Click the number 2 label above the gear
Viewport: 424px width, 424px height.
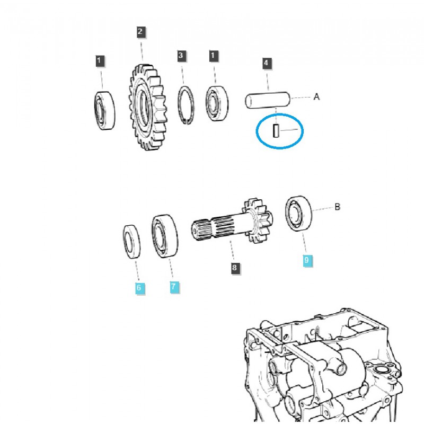(140, 32)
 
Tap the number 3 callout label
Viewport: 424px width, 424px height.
(181, 55)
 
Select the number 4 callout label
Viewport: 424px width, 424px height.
(267, 63)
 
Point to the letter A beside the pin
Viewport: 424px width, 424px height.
(316, 97)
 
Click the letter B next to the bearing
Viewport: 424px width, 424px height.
(337, 207)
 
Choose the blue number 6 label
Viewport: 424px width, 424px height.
(139, 288)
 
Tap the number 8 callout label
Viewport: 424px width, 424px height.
(234, 268)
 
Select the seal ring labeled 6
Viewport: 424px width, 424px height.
(131, 242)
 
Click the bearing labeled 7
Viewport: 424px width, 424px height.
(165, 235)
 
